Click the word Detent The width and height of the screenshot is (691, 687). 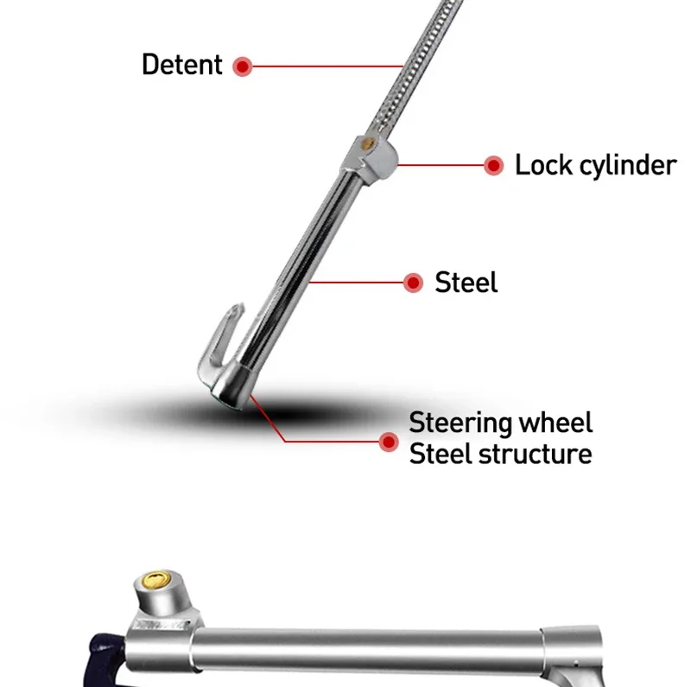pos(181,65)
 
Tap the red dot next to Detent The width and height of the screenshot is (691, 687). pos(243,66)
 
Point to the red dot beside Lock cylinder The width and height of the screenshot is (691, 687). pos(493,165)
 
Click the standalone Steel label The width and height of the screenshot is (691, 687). pos(466,283)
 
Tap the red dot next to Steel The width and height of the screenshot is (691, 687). pos(414,283)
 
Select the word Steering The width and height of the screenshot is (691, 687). pos(461,423)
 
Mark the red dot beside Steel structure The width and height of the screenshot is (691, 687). pos(388,442)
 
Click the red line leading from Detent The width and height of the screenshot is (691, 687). pos(328,66)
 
